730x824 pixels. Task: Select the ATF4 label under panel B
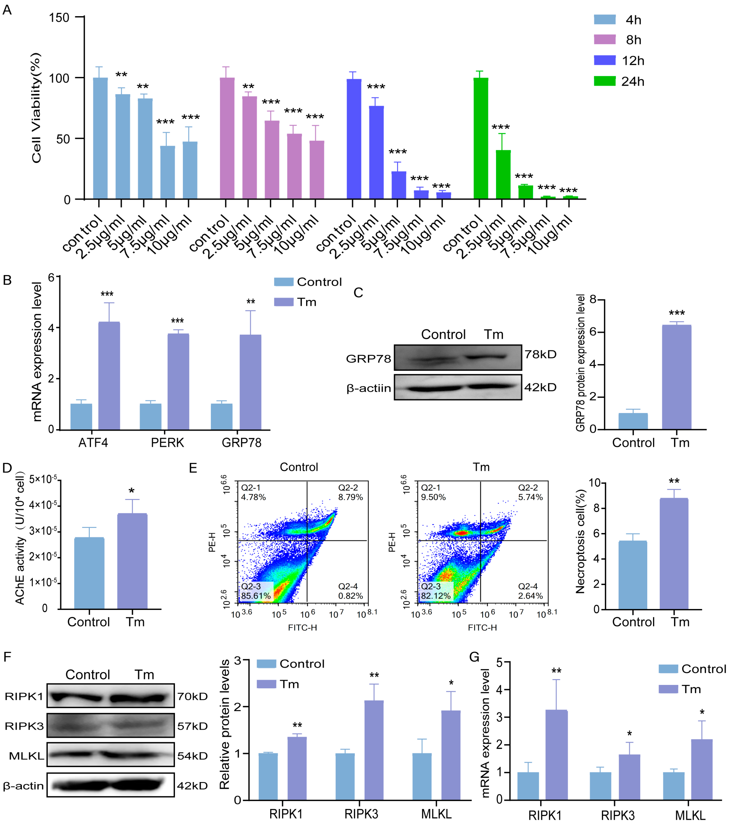pyautogui.click(x=93, y=443)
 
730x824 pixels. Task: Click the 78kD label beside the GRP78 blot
pyautogui.click(x=540, y=354)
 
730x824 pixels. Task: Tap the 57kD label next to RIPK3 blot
pyautogui.click(x=192, y=726)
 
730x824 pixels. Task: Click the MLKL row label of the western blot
pyautogui.click(x=27, y=756)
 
